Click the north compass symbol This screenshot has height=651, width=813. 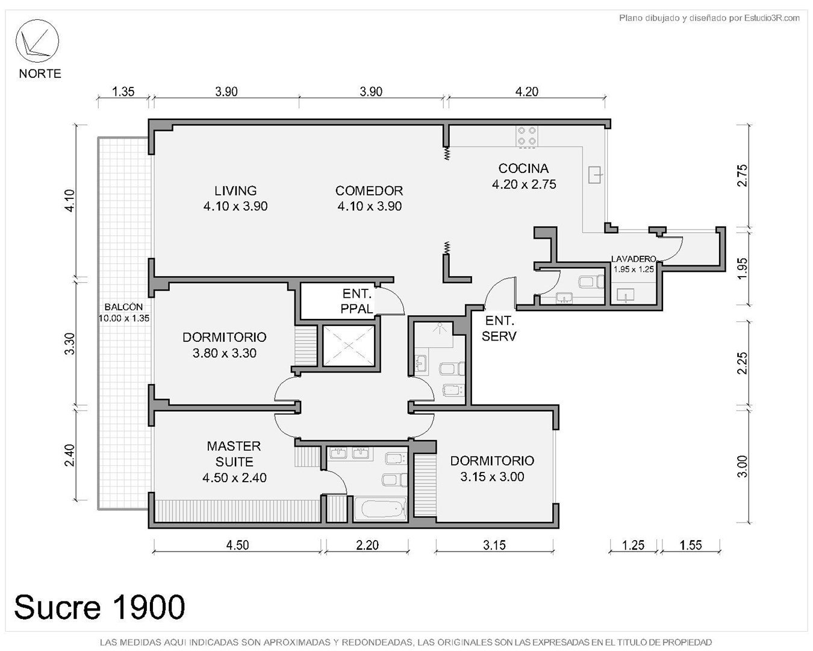click(x=37, y=41)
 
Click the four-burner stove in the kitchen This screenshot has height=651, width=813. click(x=526, y=136)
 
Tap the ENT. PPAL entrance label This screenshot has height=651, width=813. click(x=357, y=301)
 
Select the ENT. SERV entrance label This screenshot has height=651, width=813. click(x=499, y=329)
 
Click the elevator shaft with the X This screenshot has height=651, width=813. click(x=348, y=346)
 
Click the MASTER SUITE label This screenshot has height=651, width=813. click(x=234, y=462)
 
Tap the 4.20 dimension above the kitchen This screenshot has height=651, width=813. click(x=526, y=92)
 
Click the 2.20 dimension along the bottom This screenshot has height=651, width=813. click(x=367, y=545)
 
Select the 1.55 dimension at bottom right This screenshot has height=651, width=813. click(x=691, y=545)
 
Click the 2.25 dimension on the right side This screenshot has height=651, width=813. click(x=742, y=363)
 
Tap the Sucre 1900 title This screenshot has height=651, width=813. click(x=100, y=607)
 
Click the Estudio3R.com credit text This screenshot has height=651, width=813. click(x=772, y=17)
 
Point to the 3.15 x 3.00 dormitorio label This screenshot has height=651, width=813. click(x=492, y=477)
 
